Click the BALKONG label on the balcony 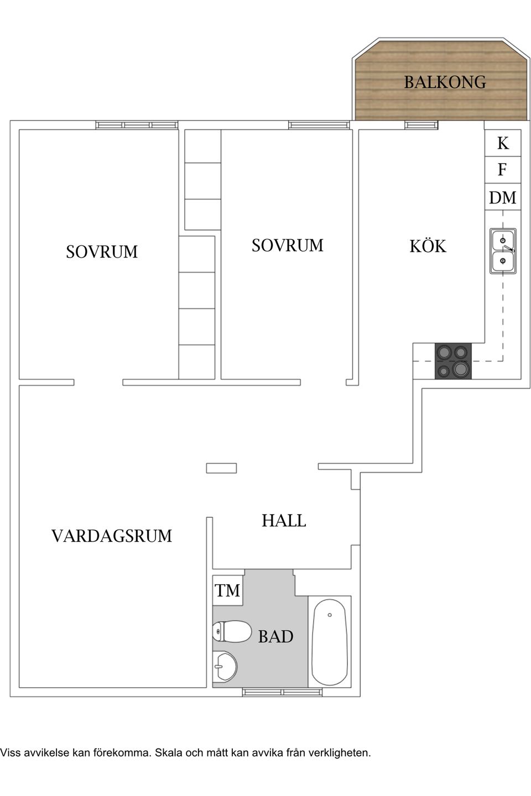tap(445, 82)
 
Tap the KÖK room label tap(428, 246)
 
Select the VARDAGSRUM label tap(112, 536)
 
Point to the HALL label tap(284, 520)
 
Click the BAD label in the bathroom tap(275, 637)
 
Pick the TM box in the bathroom tap(228, 590)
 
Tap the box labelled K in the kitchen tap(502, 143)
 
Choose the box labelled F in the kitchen tap(502, 170)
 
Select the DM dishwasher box tap(502, 197)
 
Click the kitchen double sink tap(503, 251)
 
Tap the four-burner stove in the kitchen tap(453, 361)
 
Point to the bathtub tap(330, 642)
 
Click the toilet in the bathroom tap(232, 632)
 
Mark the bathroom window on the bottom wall tap(282, 692)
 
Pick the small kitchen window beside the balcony tap(421, 125)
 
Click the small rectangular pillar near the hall tap(221, 468)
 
